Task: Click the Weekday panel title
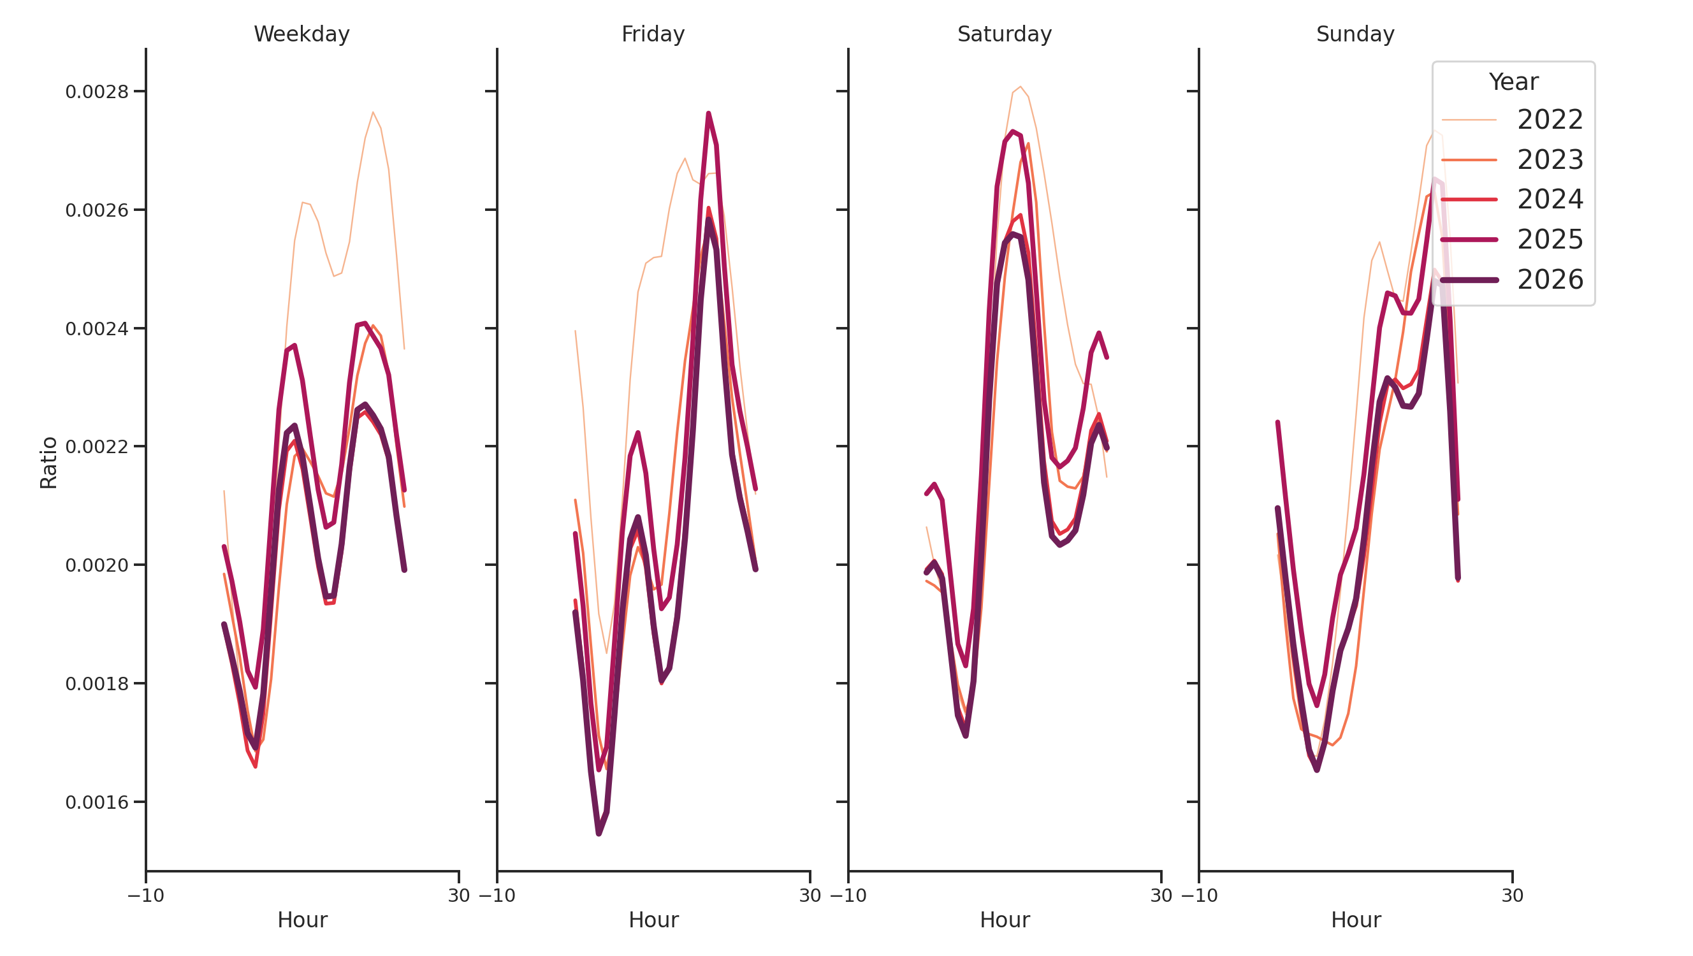click(302, 34)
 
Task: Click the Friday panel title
click(653, 34)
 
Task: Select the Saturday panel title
click(1003, 34)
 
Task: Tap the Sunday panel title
click(1355, 34)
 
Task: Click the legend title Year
click(1513, 82)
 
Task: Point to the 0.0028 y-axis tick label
click(97, 92)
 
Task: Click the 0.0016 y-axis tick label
click(97, 802)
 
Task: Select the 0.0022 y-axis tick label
click(97, 447)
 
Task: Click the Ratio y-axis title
click(48, 463)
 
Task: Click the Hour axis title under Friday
click(653, 920)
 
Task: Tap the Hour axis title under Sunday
click(1355, 920)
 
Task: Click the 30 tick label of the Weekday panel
click(459, 895)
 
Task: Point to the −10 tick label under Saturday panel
click(848, 895)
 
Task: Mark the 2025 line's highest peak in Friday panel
click(708, 113)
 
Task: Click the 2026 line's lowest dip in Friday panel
click(599, 833)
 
